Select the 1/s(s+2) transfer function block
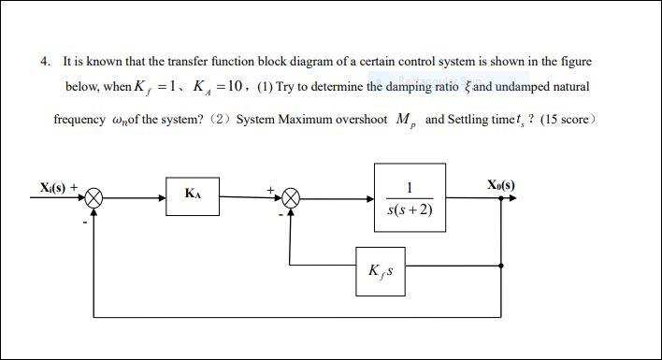pos(410,198)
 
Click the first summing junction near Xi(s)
pos(94,198)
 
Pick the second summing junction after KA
pos(292,198)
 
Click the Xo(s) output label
pos(501,185)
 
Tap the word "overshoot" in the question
pos(359,122)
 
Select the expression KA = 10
pos(217,87)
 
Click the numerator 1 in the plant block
pos(409,185)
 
